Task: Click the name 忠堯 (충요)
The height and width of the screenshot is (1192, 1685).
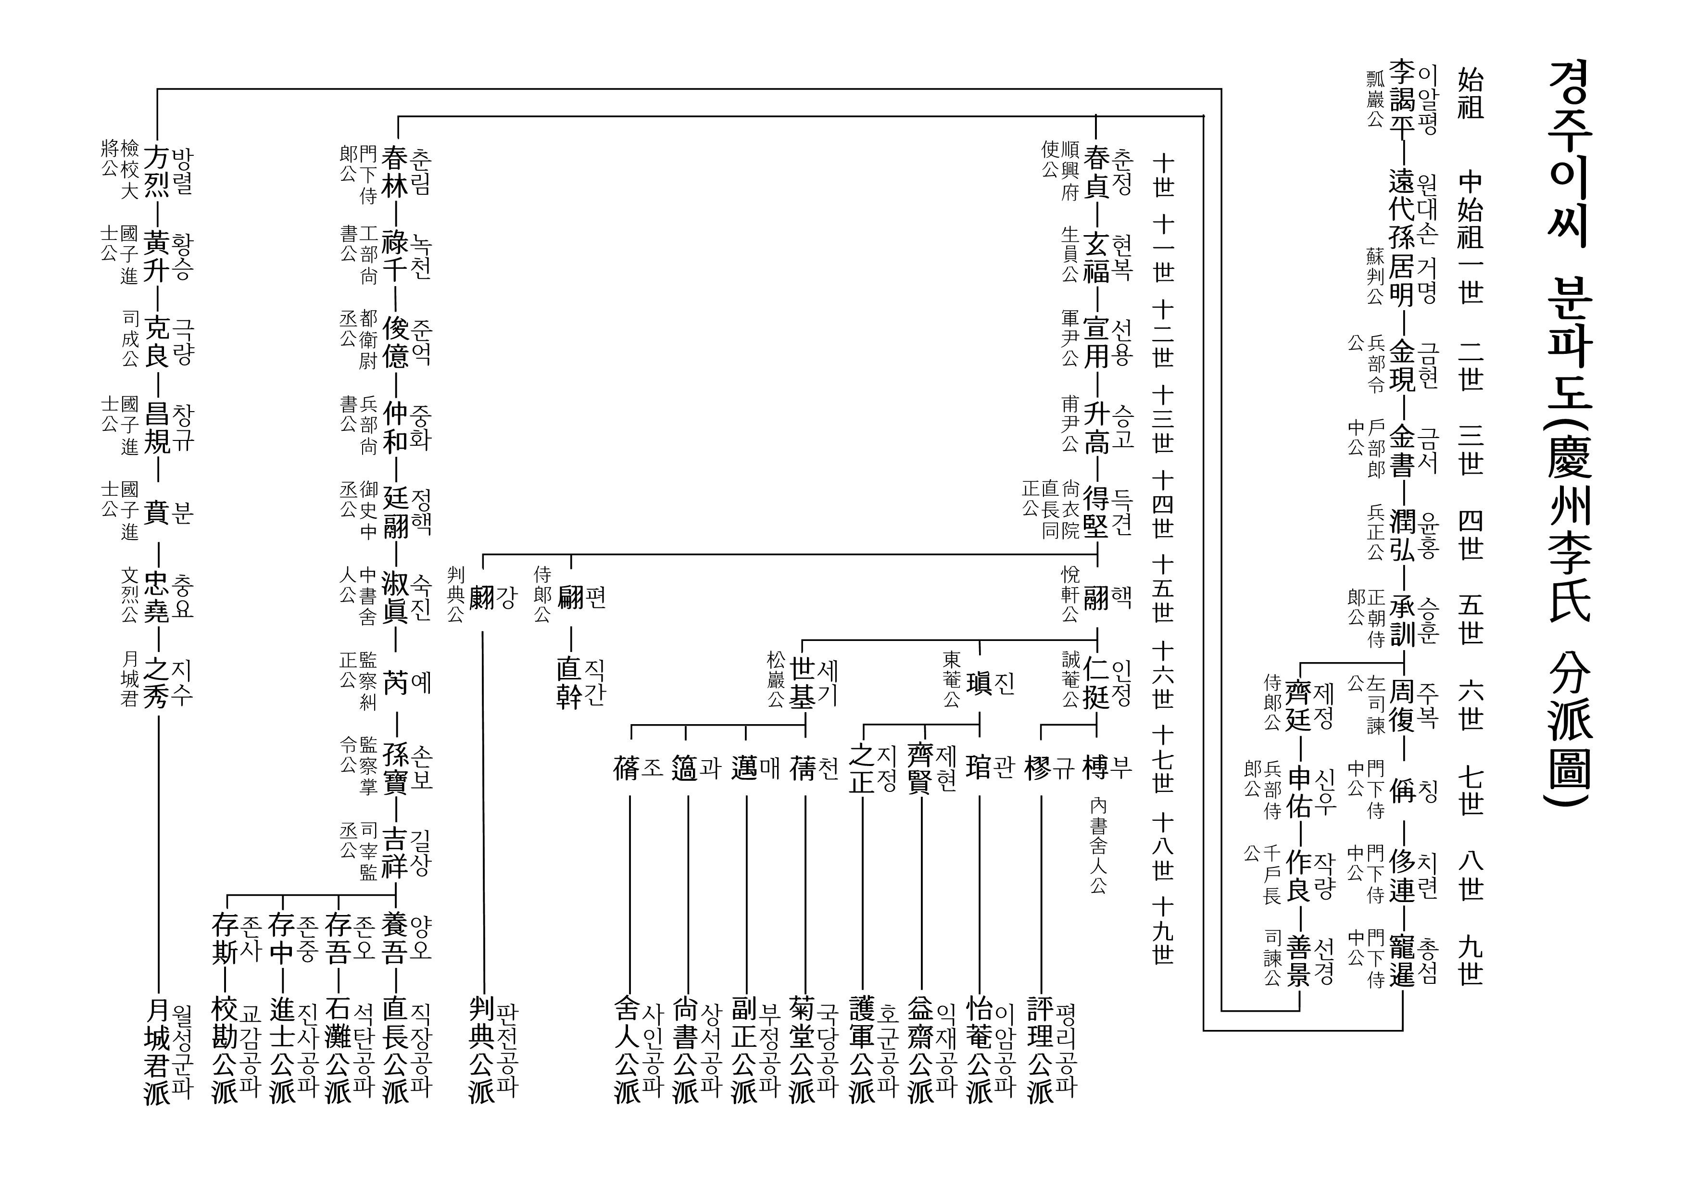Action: (x=156, y=596)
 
